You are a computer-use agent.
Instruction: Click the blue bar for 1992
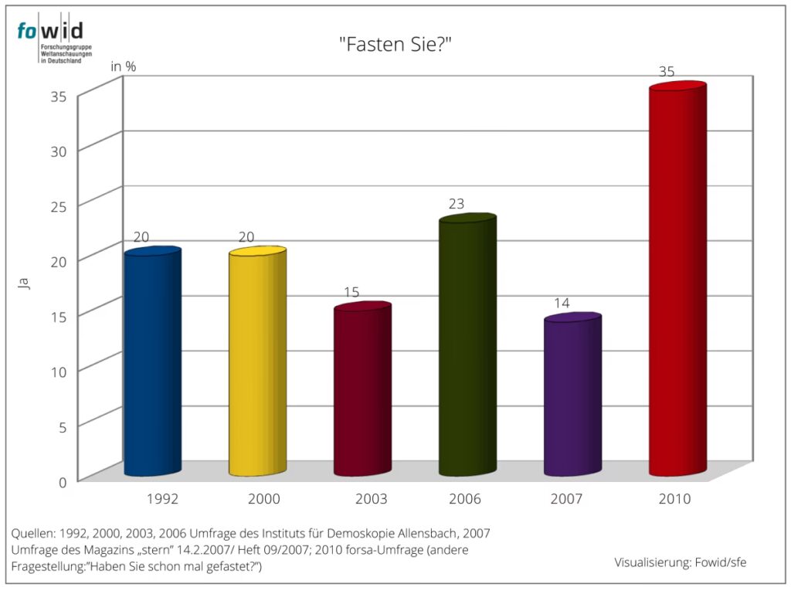152,363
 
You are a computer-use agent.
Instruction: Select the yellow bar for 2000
257,363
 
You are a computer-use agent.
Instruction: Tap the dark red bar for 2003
362,390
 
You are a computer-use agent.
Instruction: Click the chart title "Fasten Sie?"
395,44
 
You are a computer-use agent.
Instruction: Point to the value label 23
457,205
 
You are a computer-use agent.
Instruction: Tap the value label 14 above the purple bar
562,304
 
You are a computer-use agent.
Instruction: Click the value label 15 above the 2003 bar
351,293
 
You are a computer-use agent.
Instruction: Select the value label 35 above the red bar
667,71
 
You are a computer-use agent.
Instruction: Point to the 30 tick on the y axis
59,150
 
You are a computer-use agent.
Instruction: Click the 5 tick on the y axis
63,426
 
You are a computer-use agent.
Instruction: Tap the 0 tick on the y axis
63,480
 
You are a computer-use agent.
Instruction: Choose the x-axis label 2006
463,499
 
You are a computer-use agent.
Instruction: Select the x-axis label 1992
162,499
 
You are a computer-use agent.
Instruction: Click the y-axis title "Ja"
23,283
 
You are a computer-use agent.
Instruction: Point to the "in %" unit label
124,66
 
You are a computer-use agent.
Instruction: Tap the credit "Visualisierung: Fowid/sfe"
680,562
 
